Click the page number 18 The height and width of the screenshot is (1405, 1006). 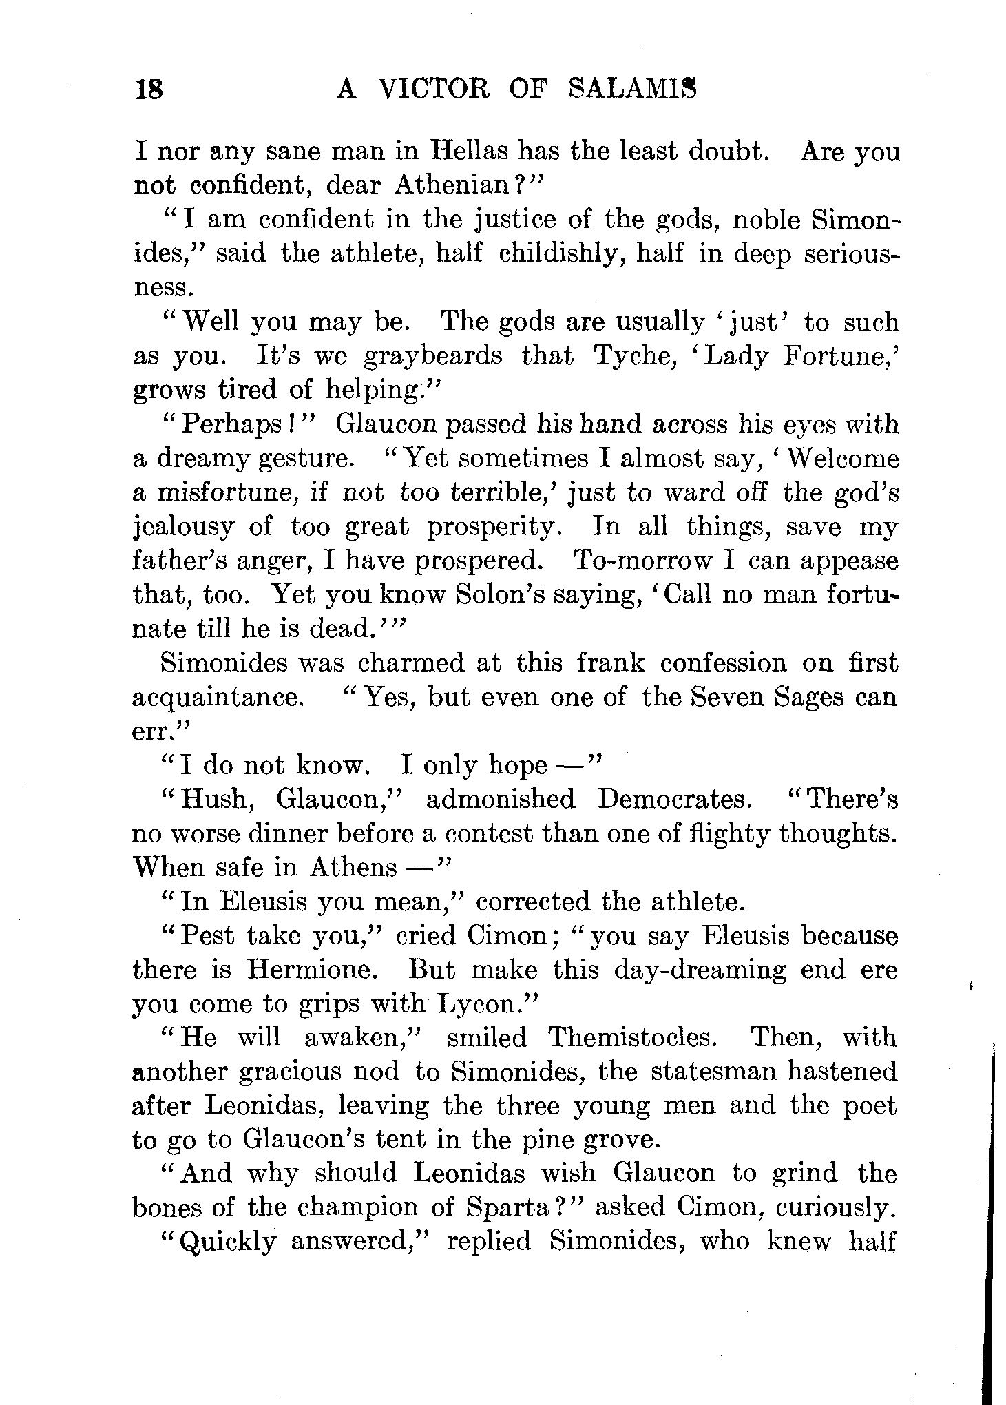pos(149,90)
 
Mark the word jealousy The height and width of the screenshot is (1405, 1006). pos(182,528)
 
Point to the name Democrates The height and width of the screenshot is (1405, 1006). pos(673,800)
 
